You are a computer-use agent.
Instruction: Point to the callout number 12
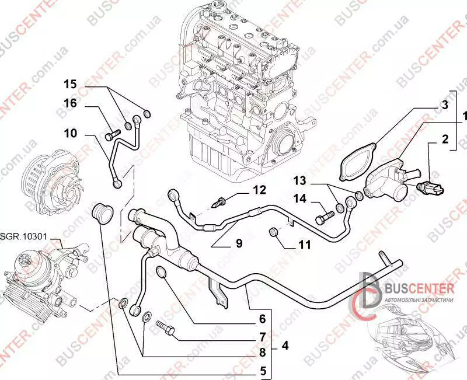coord(259,190)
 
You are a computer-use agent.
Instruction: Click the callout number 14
coord(299,199)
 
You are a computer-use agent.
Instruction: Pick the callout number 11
coord(304,245)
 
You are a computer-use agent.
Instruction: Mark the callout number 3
coord(444,106)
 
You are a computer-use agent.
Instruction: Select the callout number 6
coord(262,319)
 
